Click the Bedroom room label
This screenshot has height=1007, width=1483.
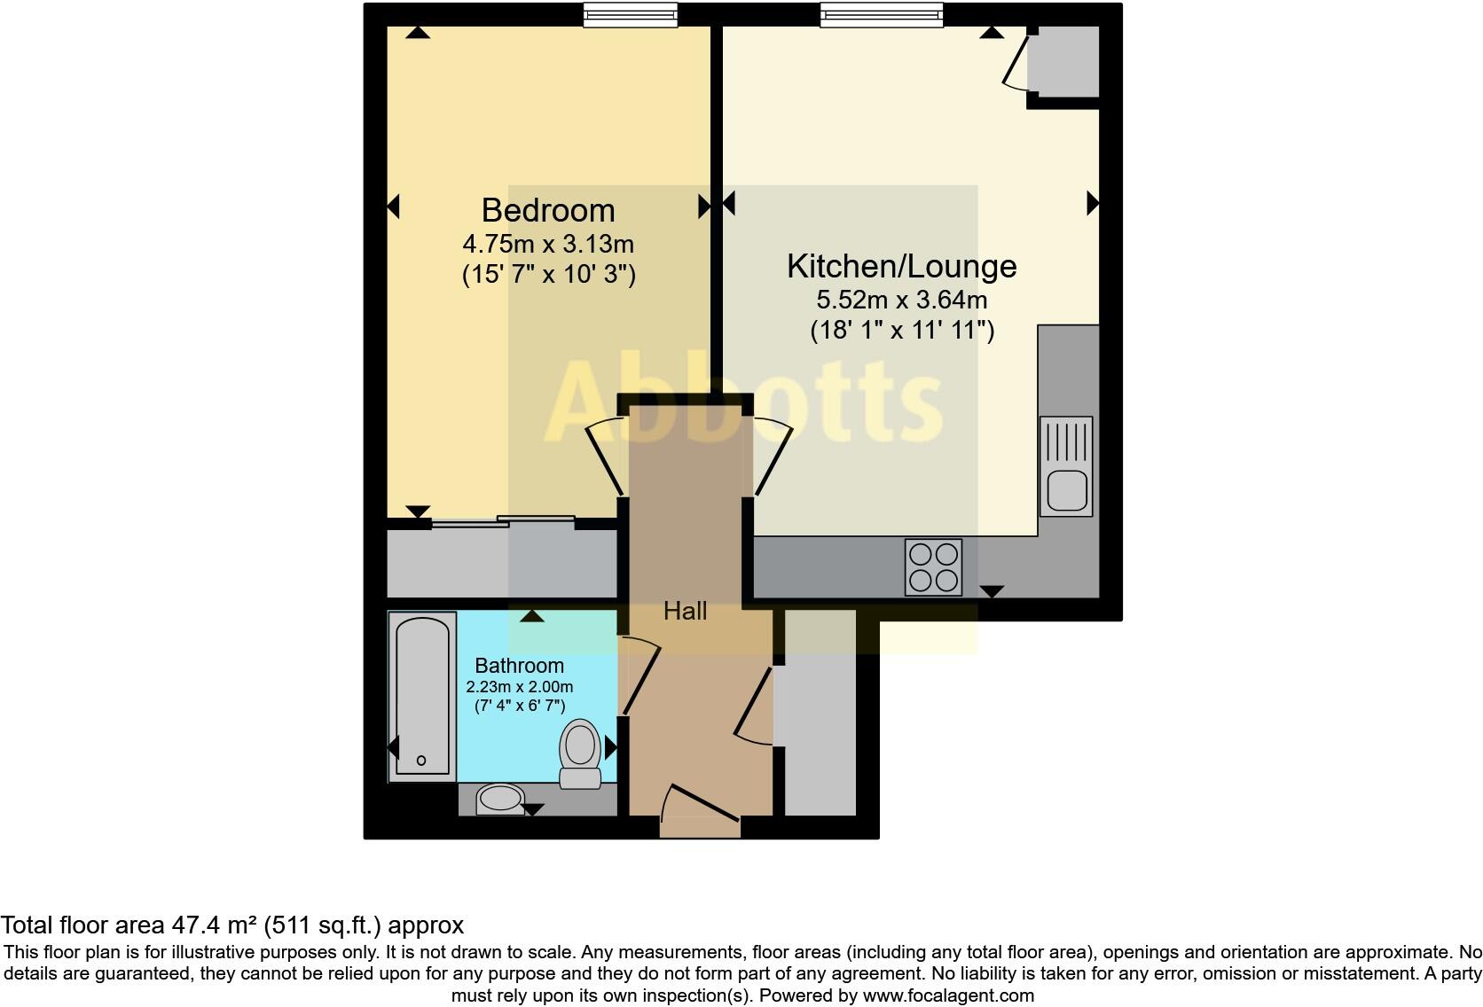click(x=548, y=210)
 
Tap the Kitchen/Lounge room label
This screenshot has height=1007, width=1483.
click(x=901, y=266)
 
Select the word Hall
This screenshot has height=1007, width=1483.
click(x=685, y=611)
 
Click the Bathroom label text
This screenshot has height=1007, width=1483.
click(x=519, y=666)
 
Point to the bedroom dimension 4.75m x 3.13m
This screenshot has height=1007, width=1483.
click(x=548, y=243)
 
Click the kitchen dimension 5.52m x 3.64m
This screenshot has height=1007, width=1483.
click(x=901, y=300)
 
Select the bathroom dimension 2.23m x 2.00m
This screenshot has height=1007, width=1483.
click(x=519, y=687)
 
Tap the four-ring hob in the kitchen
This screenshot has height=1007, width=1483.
click(x=933, y=567)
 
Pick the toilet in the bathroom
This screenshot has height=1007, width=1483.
click(x=580, y=753)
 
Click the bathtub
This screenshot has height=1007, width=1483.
click(x=421, y=697)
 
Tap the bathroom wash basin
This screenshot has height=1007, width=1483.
click(x=501, y=799)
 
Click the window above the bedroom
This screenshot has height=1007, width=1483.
click(x=630, y=15)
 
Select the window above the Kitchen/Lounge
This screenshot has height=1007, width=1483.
click(x=881, y=15)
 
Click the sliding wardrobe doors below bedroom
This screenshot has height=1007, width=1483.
click(x=503, y=522)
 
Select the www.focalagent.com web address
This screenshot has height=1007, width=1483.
click(x=947, y=995)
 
